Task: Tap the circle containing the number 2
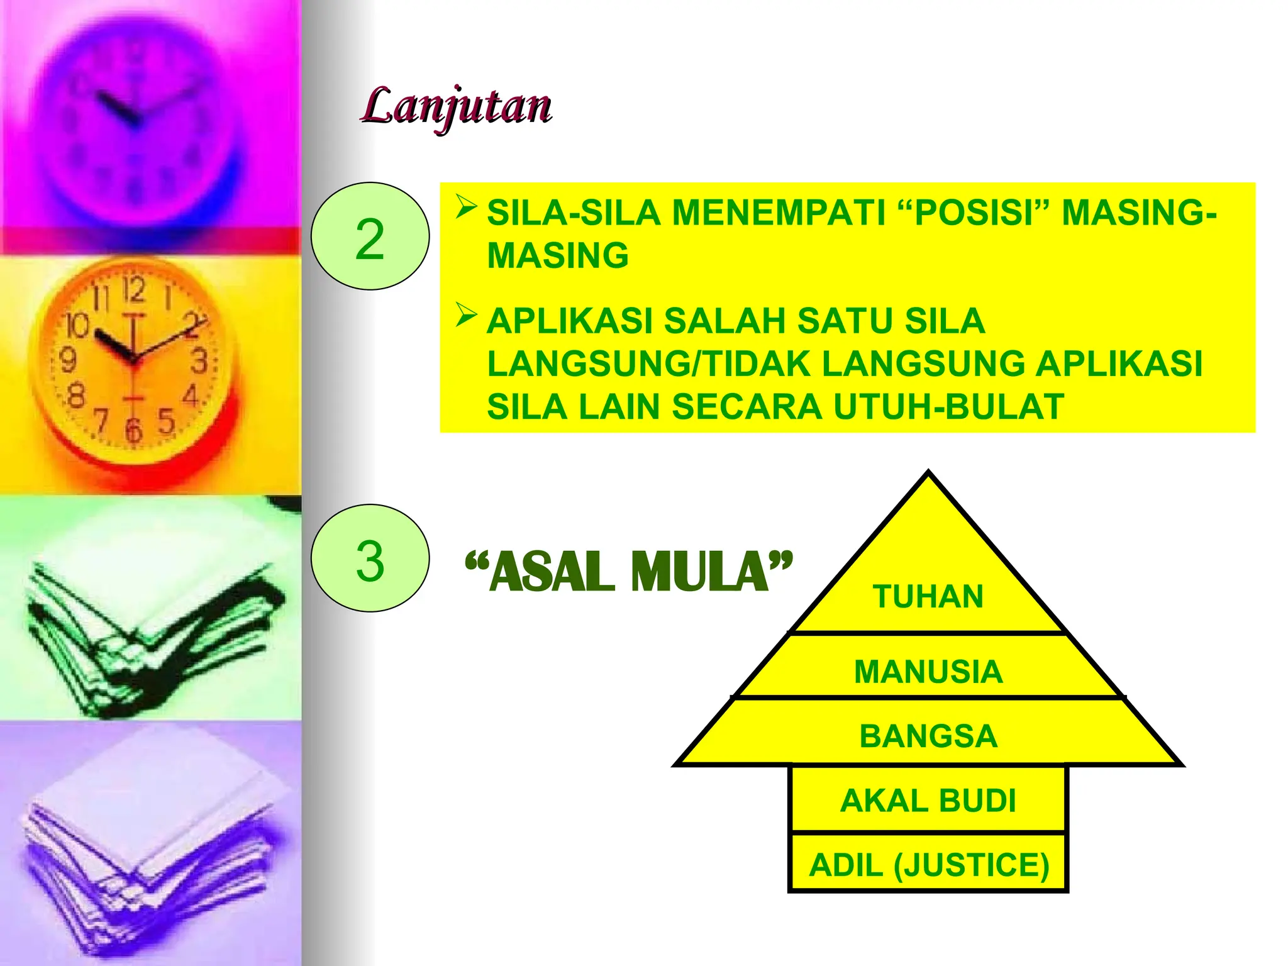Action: click(370, 236)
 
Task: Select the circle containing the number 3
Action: click(370, 558)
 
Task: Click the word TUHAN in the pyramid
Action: click(928, 596)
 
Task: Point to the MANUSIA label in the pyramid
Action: click(928, 671)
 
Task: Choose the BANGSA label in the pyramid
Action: click(928, 736)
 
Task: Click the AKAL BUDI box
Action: click(928, 800)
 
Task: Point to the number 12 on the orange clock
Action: click(133, 289)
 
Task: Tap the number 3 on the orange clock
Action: click(199, 361)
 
